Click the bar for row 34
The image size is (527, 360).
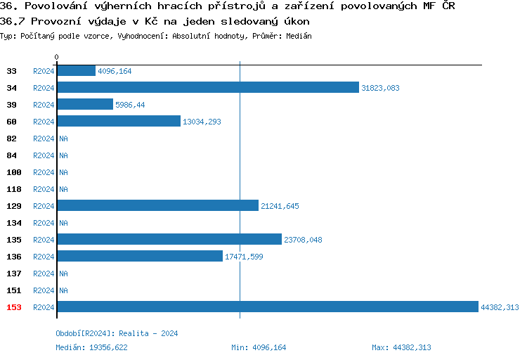click(x=208, y=87)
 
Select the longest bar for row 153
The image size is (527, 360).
click(x=267, y=307)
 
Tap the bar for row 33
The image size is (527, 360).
click(x=76, y=70)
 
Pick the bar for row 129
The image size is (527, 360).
click(x=157, y=205)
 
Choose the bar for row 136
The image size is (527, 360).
click(x=139, y=256)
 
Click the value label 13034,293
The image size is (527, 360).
click(x=202, y=122)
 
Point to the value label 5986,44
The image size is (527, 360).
click(x=130, y=105)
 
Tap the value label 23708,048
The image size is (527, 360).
click(x=303, y=240)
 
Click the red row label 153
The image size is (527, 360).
click(x=13, y=307)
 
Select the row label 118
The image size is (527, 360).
click(x=13, y=189)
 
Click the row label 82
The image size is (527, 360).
click(x=12, y=139)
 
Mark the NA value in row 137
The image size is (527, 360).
click(x=63, y=274)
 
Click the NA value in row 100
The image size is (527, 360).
click(x=63, y=172)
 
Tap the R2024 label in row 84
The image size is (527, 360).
click(x=44, y=155)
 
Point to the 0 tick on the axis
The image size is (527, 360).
click(x=57, y=57)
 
